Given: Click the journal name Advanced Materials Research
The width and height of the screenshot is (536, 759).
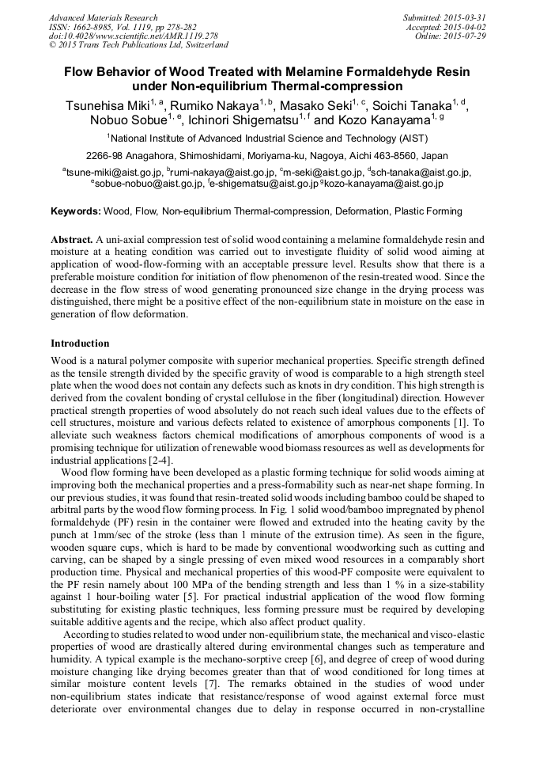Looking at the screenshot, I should coord(103,17).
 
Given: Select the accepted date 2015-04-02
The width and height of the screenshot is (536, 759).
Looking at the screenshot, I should coord(465,27).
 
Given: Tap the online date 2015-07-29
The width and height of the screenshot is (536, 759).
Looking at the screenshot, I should coord(465,36).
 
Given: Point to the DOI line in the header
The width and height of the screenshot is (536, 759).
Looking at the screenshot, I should coord(134,36).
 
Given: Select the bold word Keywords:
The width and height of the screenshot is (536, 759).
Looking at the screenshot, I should coord(76,212).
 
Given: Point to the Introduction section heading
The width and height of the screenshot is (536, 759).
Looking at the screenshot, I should coord(80,343).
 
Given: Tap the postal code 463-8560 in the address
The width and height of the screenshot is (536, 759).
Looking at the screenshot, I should coord(387,155).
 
